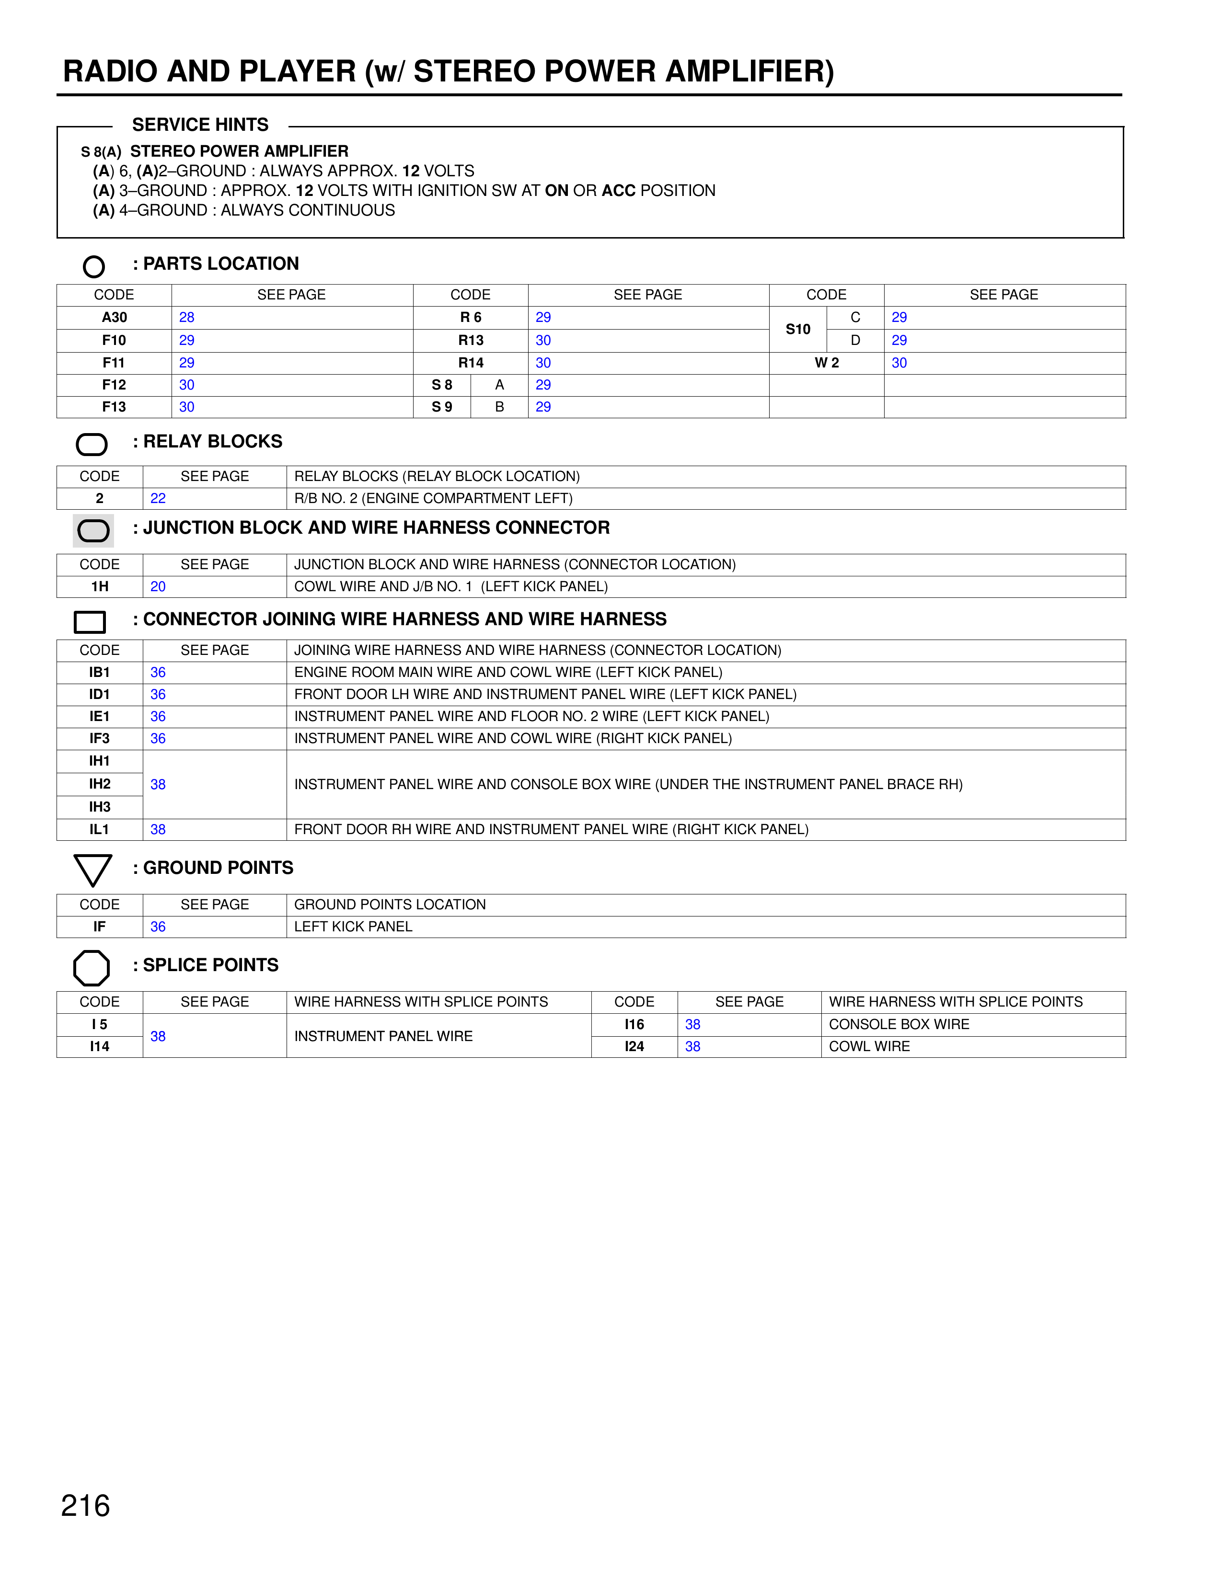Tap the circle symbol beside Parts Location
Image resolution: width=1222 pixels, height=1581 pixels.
93,266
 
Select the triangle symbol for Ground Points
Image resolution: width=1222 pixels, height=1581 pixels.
92,870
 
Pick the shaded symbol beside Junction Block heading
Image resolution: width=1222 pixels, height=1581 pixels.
93,531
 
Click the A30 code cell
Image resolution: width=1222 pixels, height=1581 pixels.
115,317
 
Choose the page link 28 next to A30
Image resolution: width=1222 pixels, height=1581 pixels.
187,317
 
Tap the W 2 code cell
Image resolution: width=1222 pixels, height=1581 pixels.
827,363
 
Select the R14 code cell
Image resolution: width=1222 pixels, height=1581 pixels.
471,363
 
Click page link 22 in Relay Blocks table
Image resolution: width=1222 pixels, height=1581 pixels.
158,498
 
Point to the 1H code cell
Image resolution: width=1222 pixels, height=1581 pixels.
100,586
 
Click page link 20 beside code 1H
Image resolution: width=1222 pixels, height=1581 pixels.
158,586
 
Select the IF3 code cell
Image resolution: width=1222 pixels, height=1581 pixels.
100,738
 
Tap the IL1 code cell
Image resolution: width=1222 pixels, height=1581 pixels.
100,830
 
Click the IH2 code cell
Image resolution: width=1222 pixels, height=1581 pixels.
100,784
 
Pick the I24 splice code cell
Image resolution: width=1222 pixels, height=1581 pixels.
634,1047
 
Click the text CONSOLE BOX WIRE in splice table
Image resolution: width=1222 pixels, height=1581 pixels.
899,1024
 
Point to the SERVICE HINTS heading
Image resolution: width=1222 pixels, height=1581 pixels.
200,125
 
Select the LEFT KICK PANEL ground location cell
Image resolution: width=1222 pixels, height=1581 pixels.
353,927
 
